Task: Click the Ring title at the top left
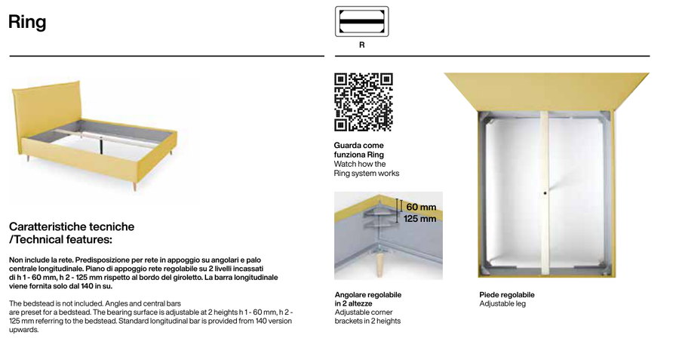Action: (x=27, y=22)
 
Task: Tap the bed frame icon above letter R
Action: (x=361, y=21)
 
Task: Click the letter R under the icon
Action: (x=361, y=45)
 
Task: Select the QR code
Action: (x=364, y=102)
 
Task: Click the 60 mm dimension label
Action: (x=421, y=207)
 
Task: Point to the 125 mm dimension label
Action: (x=419, y=219)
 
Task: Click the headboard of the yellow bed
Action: (x=46, y=115)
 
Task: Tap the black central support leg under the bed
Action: (x=101, y=146)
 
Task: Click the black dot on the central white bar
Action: (x=545, y=193)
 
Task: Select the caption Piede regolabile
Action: (x=507, y=294)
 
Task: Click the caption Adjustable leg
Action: (x=502, y=303)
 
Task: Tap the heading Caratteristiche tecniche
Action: (x=72, y=226)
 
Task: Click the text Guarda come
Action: (x=358, y=146)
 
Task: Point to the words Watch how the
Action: (x=359, y=164)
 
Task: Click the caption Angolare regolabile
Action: (x=368, y=294)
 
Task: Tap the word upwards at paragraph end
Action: (x=24, y=330)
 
